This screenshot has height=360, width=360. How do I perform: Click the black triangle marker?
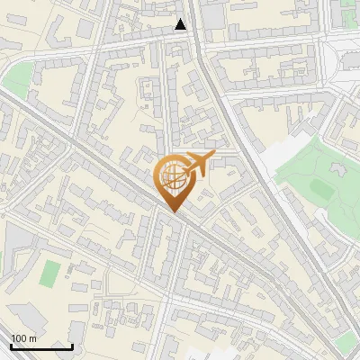tap(181, 24)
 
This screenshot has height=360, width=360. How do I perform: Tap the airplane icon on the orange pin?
tap(194, 164)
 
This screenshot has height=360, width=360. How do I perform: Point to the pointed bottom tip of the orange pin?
tap(171, 211)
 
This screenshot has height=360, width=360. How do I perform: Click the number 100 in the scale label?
tap(19, 338)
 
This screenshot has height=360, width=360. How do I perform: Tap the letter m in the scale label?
tap(32, 338)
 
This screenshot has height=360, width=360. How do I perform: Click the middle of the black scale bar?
tap(41, 346)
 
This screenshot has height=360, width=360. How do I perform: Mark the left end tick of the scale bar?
tap(11, 345)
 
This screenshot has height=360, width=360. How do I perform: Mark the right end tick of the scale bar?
tap(72, 345)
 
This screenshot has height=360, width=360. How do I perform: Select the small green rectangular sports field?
tap(51, 273)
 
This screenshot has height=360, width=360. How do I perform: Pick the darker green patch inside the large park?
tap(321, 187)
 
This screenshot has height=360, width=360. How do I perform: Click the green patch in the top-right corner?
tap(349, 13)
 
